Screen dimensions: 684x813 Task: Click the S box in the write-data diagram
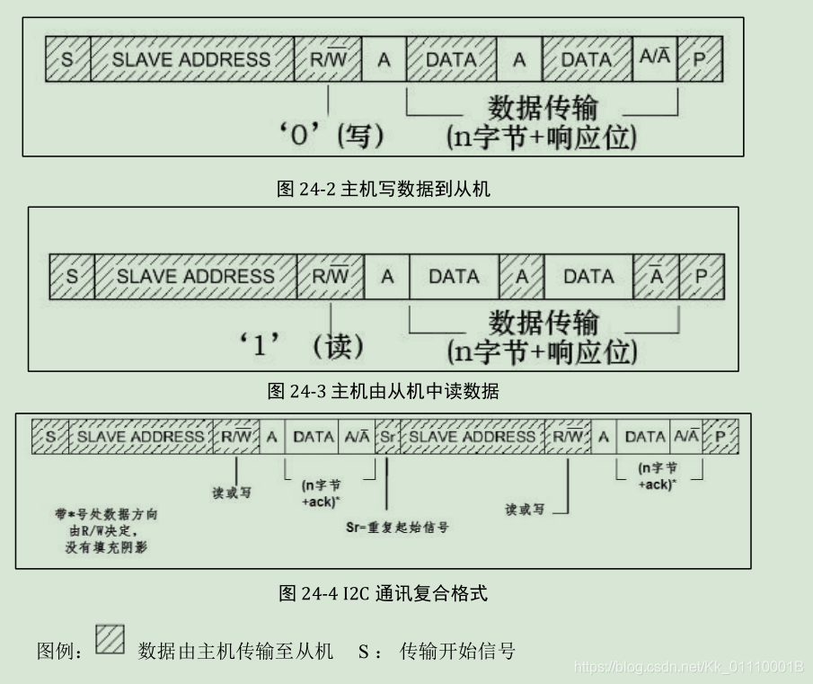tap(67, 59)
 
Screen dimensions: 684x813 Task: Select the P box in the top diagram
tap(699, 59)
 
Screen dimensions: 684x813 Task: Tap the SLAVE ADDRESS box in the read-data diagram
tap(195, 276)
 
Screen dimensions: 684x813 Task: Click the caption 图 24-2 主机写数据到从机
tap(384, 189)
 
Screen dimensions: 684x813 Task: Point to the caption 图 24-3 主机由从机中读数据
tap(384, 391)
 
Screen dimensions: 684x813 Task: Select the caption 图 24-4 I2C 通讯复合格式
tap(384, 593)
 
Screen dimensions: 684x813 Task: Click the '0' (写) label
tap(331, 137)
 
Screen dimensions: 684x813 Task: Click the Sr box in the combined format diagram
tap(387, 437)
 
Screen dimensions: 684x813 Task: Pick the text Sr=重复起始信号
tap(397, 527)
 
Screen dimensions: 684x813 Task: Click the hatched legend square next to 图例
tap(110, 640)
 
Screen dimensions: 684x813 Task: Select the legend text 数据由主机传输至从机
tap(235, 651)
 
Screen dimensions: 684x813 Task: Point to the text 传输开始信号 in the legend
tap(457, 651)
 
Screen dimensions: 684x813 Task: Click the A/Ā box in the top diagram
tap(655, 59)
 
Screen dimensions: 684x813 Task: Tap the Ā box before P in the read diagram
tap(657, 276)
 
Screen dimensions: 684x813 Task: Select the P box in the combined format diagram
tap(720, 437)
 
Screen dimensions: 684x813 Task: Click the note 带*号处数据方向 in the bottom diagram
tap(106, 515)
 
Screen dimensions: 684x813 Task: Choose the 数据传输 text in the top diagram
tap(543, 108)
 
